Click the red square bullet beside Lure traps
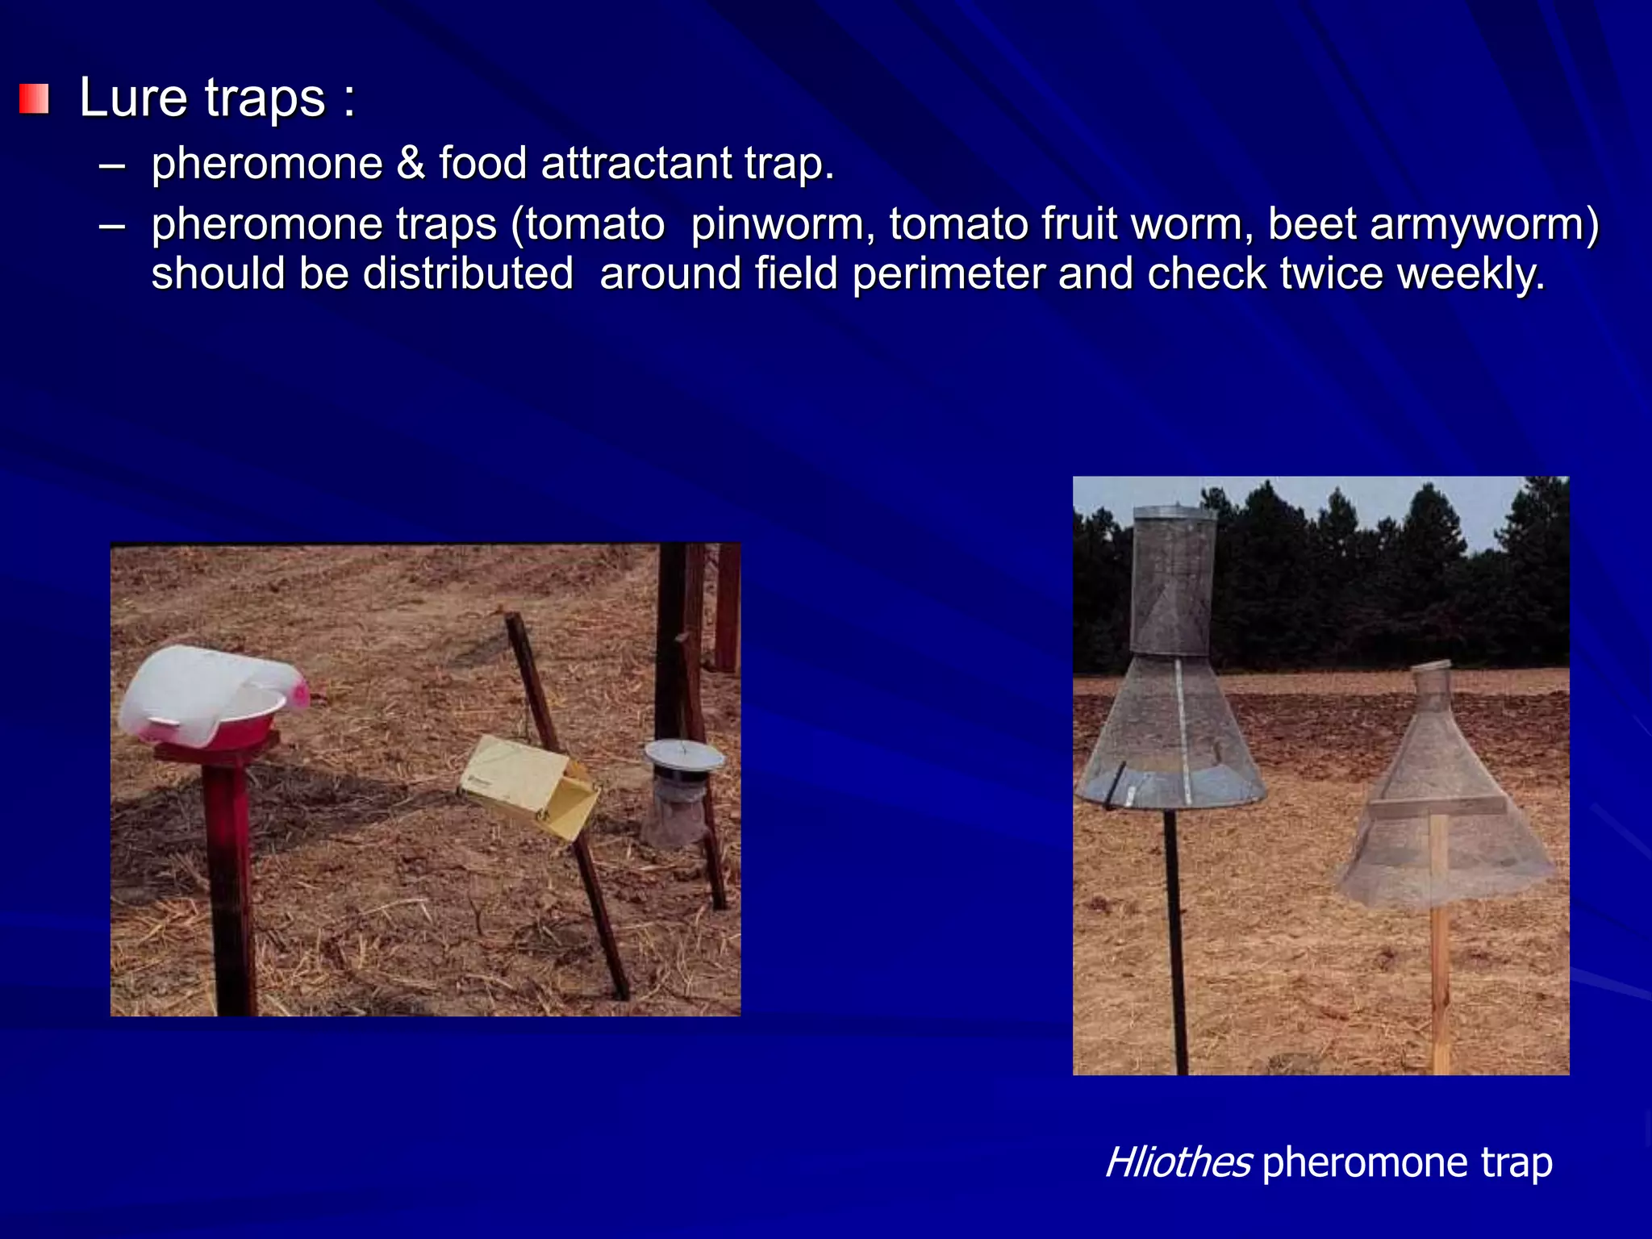(34, 99)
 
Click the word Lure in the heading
(133, 98)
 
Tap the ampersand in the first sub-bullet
(411, 164)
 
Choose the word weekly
(1471, 273)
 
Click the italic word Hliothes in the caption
(1178, 1162)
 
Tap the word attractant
(636, 164)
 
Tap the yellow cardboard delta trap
(528, 786)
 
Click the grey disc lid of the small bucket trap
(683, 755)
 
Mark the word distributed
(468, 273)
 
